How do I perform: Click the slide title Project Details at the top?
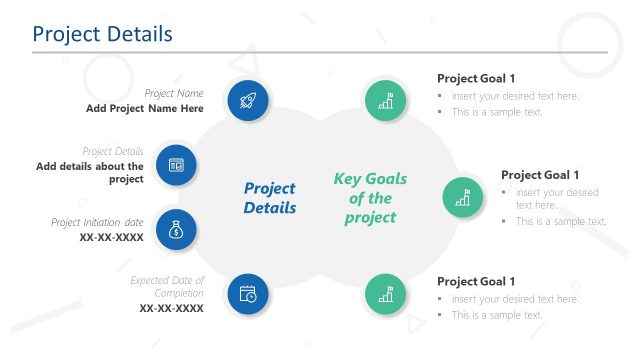click(x=102, y=34)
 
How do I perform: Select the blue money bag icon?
click(x=176, y=230)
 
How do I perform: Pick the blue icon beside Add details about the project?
click(x=176, y=165)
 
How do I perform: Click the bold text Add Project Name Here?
click(x=144, y=108)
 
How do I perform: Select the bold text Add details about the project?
click(x=90, y=173)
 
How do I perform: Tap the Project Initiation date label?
click(x=97, y=222)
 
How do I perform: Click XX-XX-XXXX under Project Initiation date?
click(x=111, y=238)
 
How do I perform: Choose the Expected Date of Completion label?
click(x=166, y=287)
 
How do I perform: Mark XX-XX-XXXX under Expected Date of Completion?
click(x=171, y=309)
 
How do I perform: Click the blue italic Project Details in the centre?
click(x=270, y=198)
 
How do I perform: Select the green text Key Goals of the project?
click(x=370, y=198)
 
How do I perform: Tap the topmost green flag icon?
click(x=386, y=100)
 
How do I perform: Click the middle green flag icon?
click(x=463, y=198)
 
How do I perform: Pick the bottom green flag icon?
click(x=386, y=294)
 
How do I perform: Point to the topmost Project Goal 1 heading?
click(x=476, y=78)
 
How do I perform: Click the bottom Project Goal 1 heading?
click(x=476, y=281)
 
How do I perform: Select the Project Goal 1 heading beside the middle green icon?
click(x=540, y=174)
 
